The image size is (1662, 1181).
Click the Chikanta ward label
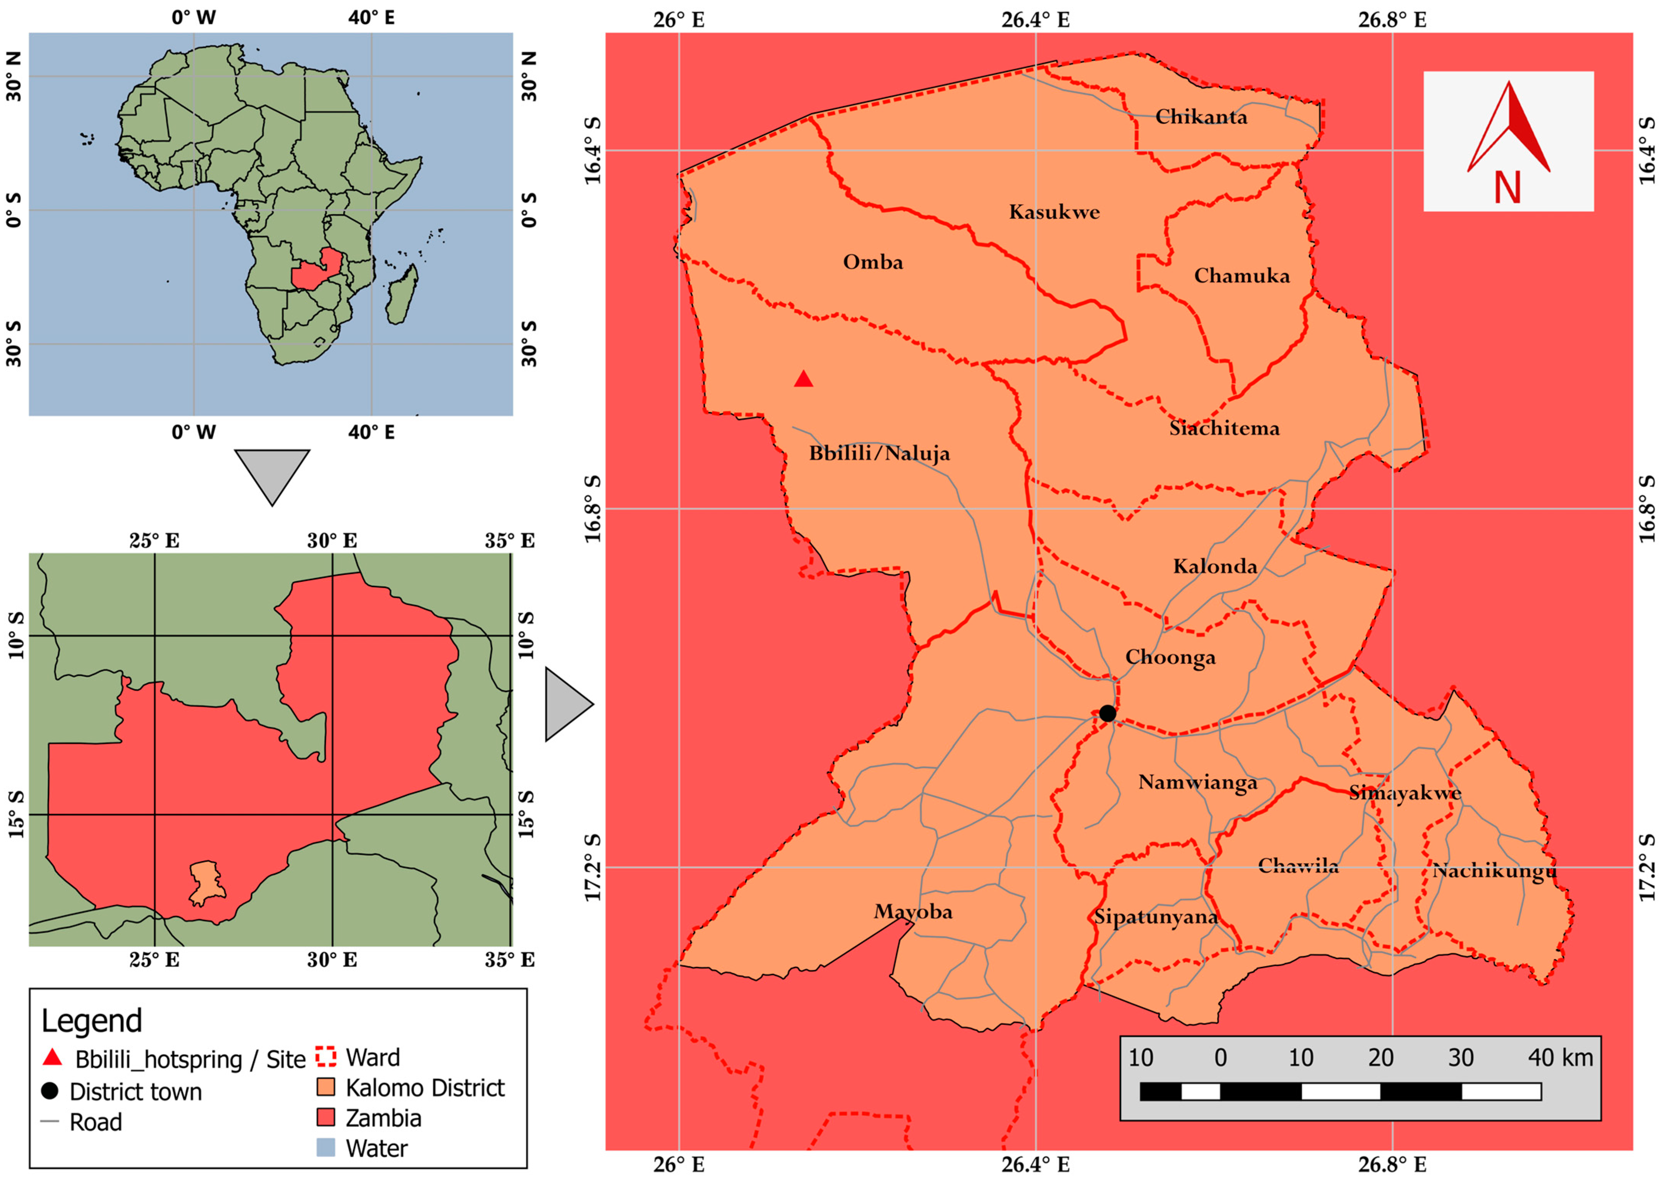[x=1201, y=117]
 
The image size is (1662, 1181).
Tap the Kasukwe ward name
[x=1054, y=212]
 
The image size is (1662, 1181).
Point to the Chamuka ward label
[x=1242, y=277]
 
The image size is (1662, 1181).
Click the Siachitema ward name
[x=1224, y=428]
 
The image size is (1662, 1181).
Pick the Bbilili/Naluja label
[x=879, y=454]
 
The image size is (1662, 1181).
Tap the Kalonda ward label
[x=1215, y=566]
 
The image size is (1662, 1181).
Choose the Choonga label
[x=1170, y=657]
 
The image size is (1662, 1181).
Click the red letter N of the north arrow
[x=1507, y=188]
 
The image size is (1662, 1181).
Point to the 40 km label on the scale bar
[x=1560, y=1058]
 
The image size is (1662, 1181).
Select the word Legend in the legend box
[x=92, y=1021]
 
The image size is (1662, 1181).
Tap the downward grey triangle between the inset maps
[x=272, y=473]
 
